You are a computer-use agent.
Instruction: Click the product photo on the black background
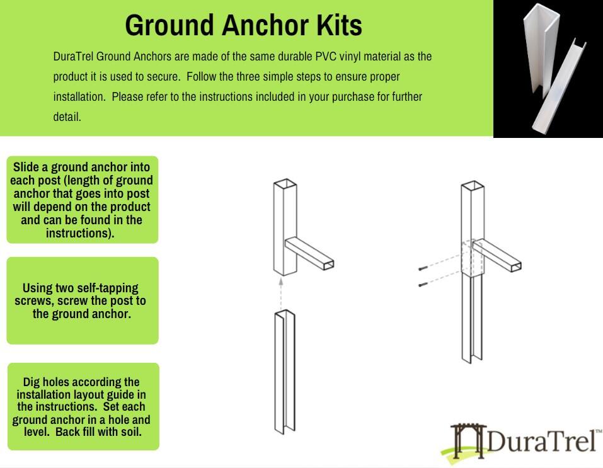point(548,68)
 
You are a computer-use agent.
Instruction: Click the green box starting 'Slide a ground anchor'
point(83,200)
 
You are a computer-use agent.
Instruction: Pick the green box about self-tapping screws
point(83,300)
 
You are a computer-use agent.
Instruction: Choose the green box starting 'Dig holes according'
point(83,406)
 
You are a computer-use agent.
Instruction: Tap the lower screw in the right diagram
point(422,285)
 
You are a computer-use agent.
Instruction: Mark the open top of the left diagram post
point(285,185)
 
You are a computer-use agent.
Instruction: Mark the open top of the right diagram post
point(473,186)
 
